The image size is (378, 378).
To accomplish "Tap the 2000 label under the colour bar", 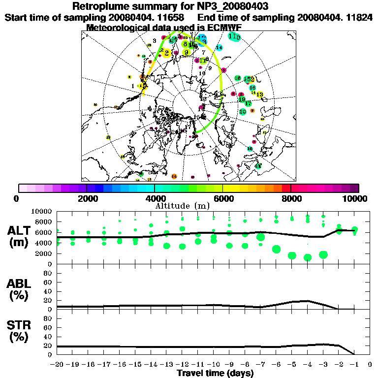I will (x=87, y=198).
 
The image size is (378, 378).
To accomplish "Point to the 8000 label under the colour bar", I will (x=291, y=198).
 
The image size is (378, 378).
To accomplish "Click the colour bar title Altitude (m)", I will (x=189, y=205).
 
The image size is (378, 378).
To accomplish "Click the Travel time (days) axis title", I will (x=215, y=373).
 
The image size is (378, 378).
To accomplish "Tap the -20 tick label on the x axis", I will (x=57, y=365).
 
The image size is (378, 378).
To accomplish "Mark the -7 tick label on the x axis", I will (x=260, y=365).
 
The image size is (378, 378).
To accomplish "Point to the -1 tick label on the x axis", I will (x=354, y=365).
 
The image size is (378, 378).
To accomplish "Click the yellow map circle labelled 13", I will (x=259, y=94).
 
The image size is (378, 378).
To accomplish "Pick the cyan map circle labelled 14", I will (x=220, y=47).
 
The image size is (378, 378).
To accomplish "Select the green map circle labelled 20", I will (x=243, y=112).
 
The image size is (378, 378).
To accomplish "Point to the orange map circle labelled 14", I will (x=174, y=176).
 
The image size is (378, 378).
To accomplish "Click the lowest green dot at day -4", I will (x=308, y=257).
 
